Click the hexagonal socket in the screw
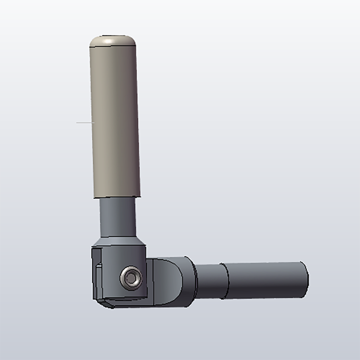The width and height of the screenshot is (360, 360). pyautogui.click(x=131, y=278)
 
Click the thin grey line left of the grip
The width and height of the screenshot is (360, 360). pyautogui.click(x=84, y=123)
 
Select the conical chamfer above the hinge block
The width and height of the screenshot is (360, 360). pyautogui.click(x=119, y=241)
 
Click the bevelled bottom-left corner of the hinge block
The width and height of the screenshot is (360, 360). pyautogui.click(x=104, y=303)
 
